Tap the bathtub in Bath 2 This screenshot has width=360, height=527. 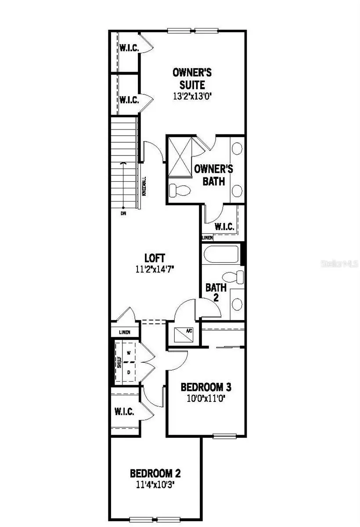221,254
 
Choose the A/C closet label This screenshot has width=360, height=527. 189,331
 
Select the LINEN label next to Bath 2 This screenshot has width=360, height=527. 207,238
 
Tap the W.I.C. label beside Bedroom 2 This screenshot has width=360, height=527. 124,412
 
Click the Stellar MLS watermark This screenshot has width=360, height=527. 340,264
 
